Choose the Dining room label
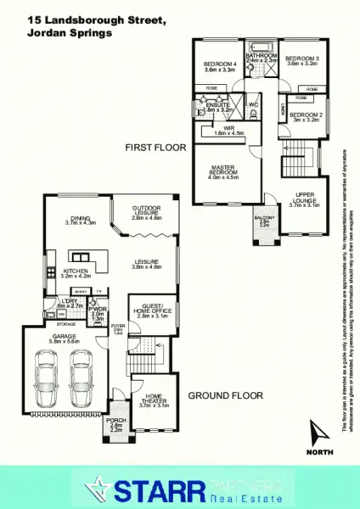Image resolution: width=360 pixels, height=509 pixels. [81, 220]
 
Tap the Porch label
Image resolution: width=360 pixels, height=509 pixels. [116, 422]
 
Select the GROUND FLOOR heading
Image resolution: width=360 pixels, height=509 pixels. [225, 395]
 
